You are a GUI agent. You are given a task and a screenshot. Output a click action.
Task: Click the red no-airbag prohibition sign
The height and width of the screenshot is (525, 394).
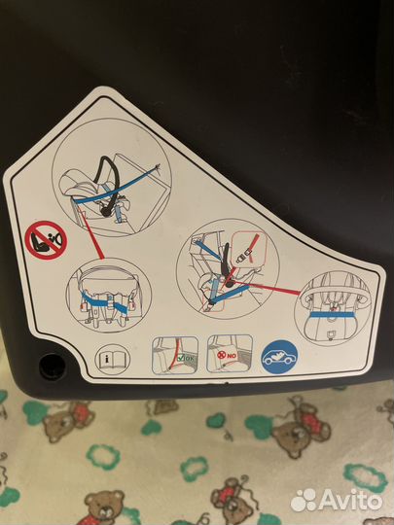[46, 240]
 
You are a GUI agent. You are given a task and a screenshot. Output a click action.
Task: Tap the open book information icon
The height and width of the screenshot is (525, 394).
[112, 360]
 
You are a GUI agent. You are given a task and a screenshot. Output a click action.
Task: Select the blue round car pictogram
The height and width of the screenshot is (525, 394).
[279, 358]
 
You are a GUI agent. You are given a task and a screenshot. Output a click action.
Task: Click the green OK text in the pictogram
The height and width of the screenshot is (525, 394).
[190, 358]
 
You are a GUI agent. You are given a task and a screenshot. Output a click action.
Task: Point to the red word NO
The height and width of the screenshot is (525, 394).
[232, 356]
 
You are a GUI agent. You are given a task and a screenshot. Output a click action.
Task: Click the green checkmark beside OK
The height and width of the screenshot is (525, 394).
[181, 358]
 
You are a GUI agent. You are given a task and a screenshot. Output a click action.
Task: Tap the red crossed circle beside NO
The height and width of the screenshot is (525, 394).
[221, 355]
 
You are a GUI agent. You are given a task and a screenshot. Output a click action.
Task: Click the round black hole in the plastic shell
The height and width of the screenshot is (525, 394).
[52, 367]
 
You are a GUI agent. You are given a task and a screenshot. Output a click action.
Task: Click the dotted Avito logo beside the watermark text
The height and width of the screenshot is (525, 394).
[304, 501]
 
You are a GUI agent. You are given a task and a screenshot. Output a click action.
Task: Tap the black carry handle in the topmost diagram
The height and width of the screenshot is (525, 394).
[108, 183]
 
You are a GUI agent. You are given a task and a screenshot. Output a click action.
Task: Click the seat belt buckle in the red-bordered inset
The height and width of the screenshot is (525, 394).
[242, 259]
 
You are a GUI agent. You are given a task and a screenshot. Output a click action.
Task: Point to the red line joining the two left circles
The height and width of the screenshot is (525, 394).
[91, 234]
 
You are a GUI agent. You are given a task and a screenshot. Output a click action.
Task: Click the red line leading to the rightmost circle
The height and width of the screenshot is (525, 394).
[267, 288]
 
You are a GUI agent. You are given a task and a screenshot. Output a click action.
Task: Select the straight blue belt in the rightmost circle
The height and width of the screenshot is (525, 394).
[332, 315]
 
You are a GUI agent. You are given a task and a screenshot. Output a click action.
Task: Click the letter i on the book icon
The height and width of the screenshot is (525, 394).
[107, 360]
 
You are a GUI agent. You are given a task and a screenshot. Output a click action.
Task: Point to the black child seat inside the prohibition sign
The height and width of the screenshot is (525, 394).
[40, 241]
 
